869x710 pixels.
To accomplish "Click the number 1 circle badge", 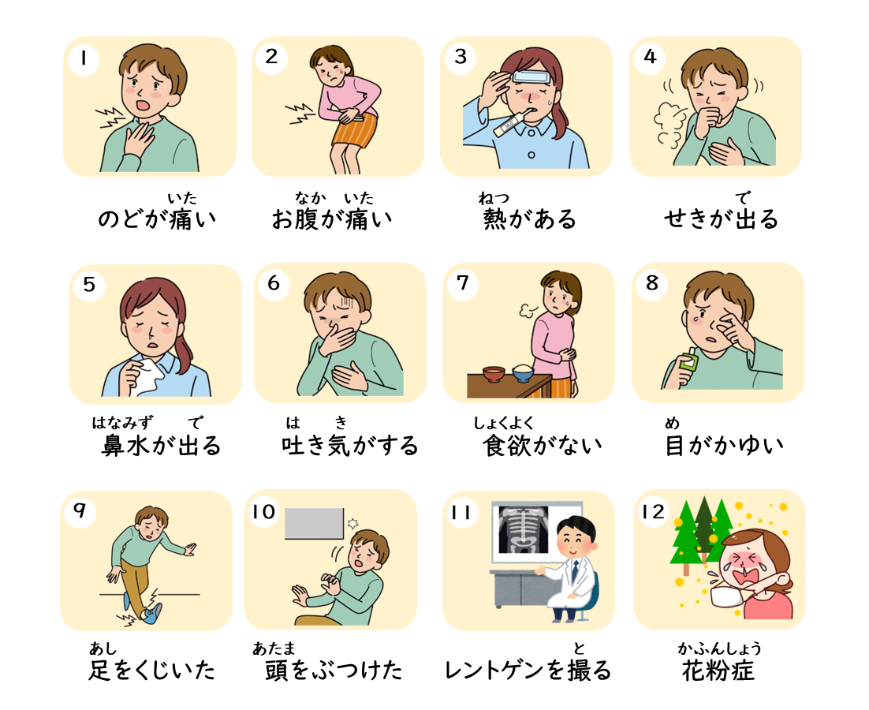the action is point(84,58).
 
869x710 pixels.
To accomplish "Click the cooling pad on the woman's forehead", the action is point(531,77).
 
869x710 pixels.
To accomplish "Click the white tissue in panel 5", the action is point(147,376).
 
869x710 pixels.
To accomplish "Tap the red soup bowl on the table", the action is point(493,374).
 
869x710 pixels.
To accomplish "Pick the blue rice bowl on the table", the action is point(523,373).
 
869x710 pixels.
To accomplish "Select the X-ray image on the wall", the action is point(523,530).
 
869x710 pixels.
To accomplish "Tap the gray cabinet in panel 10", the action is point(314,523).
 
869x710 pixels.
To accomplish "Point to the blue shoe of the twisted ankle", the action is point(152,613).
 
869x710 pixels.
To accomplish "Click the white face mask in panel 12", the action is point(728,597).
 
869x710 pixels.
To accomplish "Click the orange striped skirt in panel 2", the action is point(355,131).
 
